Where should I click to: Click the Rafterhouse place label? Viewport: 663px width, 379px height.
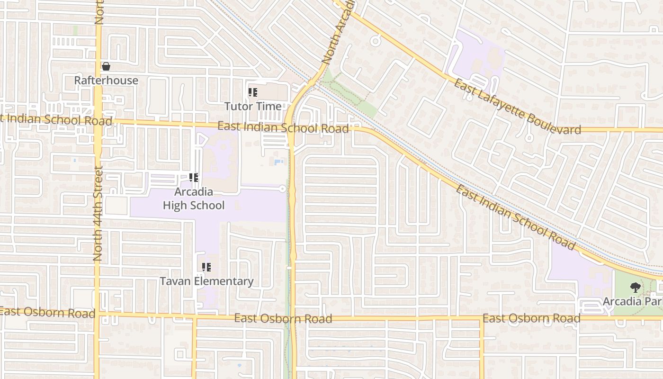(106, 81)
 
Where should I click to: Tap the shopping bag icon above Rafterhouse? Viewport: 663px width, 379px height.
(106, 66)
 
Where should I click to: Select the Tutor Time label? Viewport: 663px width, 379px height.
(253, 106)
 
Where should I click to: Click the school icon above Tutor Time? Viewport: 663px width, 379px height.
(253, 92)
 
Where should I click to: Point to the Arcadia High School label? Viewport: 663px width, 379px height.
(194, 199)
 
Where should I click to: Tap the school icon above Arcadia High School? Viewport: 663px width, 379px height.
(193, 178)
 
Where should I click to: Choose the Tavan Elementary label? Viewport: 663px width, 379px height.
(206, 281)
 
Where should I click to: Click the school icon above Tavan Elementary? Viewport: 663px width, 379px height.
(206, 268)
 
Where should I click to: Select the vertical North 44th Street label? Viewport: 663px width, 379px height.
(98, 213)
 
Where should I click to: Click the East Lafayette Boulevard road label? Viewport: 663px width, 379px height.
(517, 107)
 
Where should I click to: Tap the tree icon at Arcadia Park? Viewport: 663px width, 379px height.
(635, 287)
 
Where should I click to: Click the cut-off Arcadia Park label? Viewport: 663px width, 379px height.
(632, 301)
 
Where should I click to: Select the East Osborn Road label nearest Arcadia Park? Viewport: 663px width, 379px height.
(531, 318)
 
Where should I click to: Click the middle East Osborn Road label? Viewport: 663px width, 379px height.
(283, 318)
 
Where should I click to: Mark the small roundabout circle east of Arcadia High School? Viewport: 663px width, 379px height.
(283, 189)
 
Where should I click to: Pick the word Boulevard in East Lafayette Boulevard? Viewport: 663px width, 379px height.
(550, 121)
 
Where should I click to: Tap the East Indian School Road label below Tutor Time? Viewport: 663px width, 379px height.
(283, 127)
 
